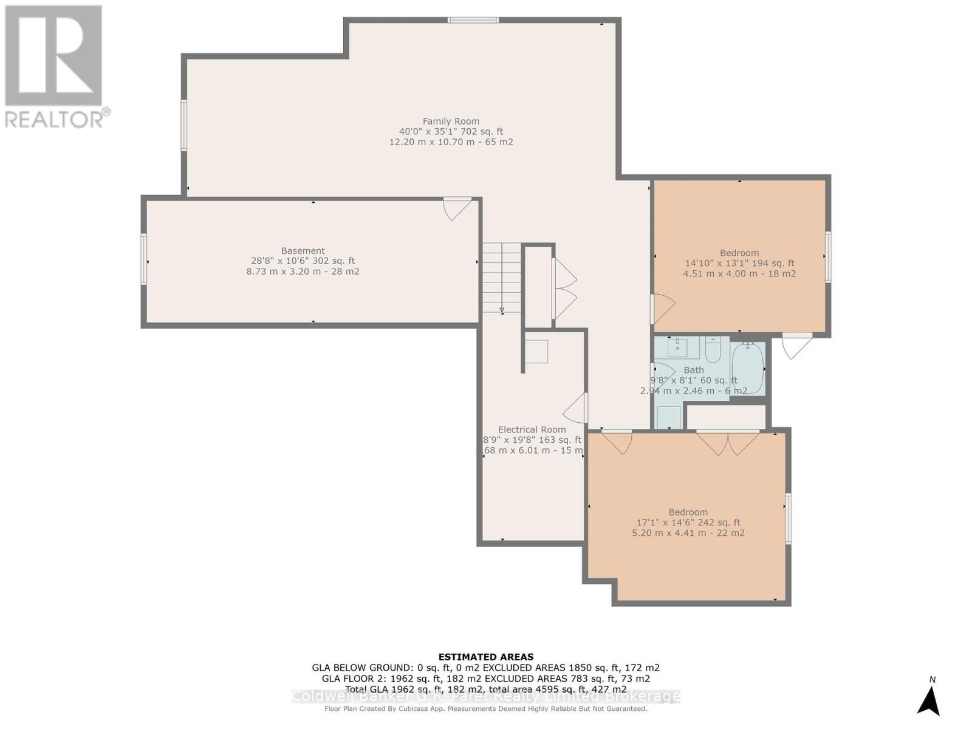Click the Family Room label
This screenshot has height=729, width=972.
click(451, 122)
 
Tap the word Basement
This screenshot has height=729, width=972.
click(303, 251)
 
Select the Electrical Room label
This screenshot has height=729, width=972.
click(532, 430)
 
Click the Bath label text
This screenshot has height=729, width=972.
click(694, 370)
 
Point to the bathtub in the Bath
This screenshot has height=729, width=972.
click(748, 368)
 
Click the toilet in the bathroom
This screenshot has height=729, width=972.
click(713, 349)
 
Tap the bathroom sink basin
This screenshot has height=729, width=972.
click(677, 347)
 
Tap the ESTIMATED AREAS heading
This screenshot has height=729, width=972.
click(486, 657)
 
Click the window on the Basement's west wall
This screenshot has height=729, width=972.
click(144, 259)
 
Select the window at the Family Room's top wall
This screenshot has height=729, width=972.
click(473, 20)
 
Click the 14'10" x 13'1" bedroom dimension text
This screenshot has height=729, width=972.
click(739, 264)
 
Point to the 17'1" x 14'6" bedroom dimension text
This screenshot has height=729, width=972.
click(688, 522)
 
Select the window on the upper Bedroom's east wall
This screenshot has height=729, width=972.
click(827, 256)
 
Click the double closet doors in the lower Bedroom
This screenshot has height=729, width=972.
click(728, 442)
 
